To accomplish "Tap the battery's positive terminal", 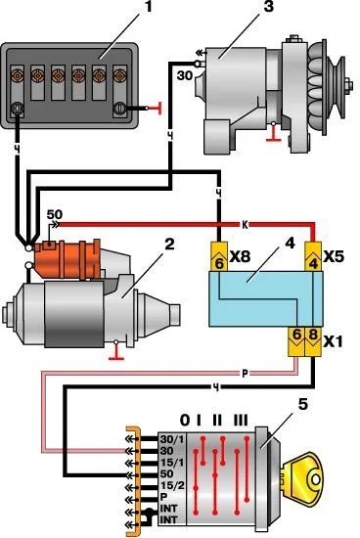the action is click(x=17, y=109).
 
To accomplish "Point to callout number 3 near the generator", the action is click(x=268, y=7).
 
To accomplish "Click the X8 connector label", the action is click(x=240, y=256).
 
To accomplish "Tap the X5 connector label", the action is click(x=334, y=256).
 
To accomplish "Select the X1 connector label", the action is click(x=333, y=341).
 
